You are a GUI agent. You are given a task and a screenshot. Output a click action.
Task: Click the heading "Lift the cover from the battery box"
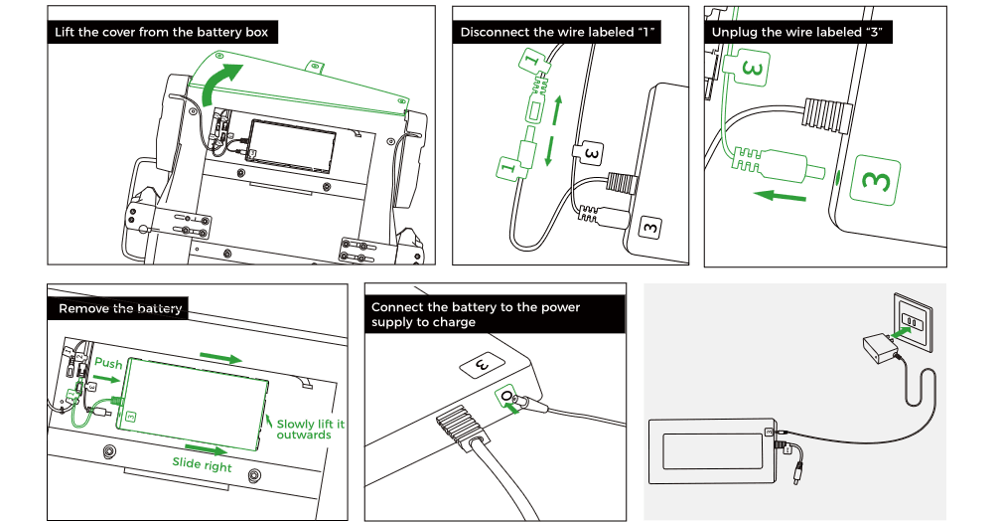pyautogui.click(x=162, y=33)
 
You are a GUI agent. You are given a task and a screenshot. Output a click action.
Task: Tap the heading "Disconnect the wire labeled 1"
pyautogui.click(x=559, y=33)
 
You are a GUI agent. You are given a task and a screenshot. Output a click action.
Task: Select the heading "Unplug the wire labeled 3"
pyautogui.click(x=797, y=33)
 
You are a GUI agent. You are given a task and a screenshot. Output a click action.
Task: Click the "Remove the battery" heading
pyautogui.click(x=120, y=308)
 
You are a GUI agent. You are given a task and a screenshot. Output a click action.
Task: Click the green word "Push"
pyautogui.click(x=108, y=364)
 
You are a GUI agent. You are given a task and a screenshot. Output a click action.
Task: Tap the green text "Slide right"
pyautogui.click(x=202, y=464)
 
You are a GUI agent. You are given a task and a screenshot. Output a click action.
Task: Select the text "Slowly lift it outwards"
pyautogui.click(x=310, y=430)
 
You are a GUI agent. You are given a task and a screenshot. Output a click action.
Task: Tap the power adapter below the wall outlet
pyautogui.click(x=876, y=349)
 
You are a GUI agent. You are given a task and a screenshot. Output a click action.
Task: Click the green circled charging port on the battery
pyautogui.click(x=510, y=399)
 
